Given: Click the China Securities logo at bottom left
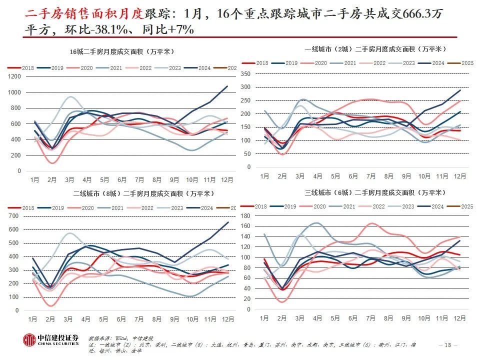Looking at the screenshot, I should pyautogui.click(x=51, y=339).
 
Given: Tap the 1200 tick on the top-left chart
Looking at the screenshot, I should pyautogui.click(x=14, y=76).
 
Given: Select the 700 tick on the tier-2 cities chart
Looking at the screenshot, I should pyautogui.click(x=14, y=215).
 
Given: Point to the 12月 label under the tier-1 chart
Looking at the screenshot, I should pyautogui.click(x=459, y=176).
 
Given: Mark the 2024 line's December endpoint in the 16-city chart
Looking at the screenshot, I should pyautogui.click(x=227, y=86).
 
